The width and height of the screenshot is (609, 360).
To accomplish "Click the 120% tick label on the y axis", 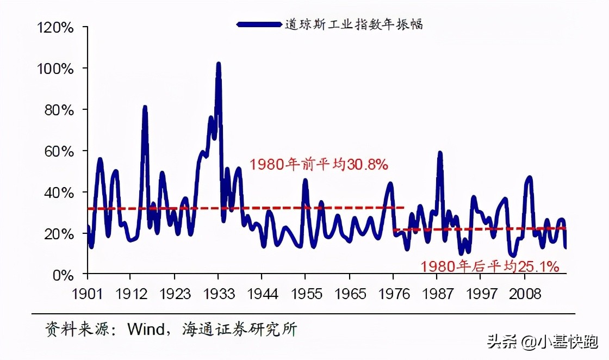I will click(x=55, y=27).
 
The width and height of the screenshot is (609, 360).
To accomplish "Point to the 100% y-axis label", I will click(x=55, y=69).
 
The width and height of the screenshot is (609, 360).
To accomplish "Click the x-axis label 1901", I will click(x=87, y=294).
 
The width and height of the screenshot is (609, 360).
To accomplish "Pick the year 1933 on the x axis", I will click(x=218, y=294).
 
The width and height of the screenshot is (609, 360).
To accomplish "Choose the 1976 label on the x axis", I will click(x=393, y=294).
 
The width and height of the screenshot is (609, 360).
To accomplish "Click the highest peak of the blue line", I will click(x=219, y=64).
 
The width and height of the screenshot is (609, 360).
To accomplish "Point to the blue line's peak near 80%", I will click(x=145, y=108).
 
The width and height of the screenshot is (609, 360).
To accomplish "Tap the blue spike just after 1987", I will click(x=440, y=154).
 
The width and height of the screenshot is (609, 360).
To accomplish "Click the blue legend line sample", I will click(x=259, y=24).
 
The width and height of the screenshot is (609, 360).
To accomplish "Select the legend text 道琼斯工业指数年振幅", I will click(x=354, y=24).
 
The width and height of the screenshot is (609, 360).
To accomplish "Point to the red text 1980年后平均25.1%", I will click(x=489, y=266).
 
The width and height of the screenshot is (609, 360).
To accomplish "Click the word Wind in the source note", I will click(x=145, y=330).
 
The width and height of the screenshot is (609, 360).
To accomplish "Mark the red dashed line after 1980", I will click(x=478, y=229).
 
